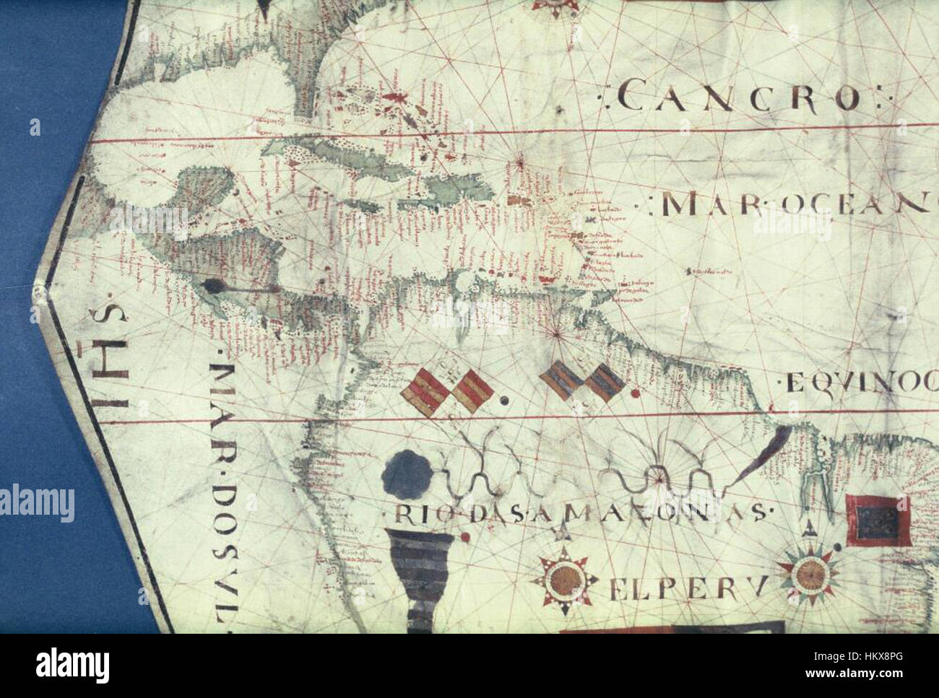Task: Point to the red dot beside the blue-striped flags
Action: (x=634, y=394)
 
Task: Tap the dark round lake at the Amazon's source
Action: (x=408, y=472)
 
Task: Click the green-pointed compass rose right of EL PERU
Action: (x=808, y=574)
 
